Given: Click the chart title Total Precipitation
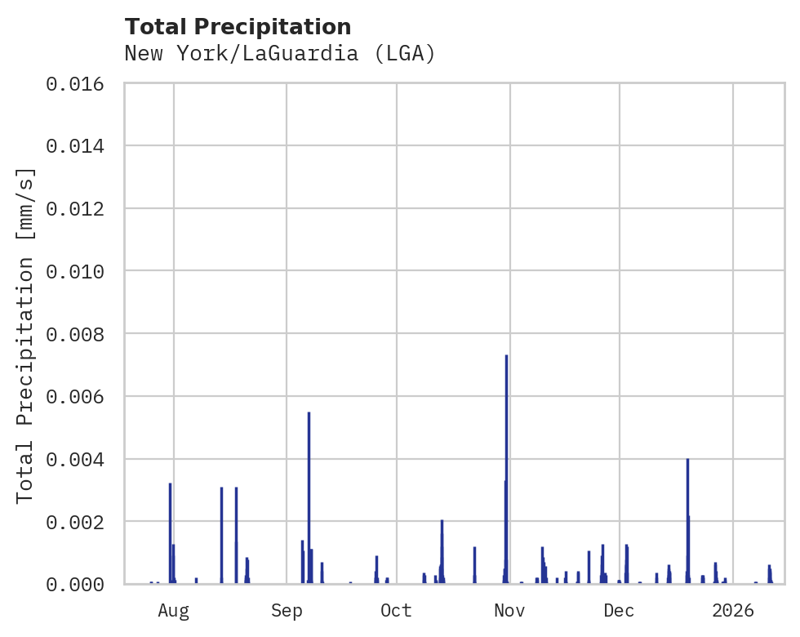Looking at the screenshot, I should point(238,27).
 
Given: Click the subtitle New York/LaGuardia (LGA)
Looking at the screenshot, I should point(280,54).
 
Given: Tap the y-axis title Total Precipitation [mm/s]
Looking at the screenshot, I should point(26,334).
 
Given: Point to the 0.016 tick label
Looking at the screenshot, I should point(75,83).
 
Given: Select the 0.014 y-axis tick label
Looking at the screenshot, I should point(75,146).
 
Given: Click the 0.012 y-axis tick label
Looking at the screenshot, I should point(75,208).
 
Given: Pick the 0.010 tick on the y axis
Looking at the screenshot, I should point(75,271).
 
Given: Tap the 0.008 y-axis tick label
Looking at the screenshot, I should point(75,334).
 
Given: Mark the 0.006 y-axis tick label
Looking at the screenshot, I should point(75,396).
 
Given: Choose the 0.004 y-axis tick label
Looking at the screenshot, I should point(75,459).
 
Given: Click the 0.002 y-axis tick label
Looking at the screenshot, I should point(75,521).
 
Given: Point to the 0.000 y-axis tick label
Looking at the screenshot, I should point(75,584).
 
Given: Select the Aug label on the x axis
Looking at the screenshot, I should point(174,610).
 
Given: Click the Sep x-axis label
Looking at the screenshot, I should point(287,610).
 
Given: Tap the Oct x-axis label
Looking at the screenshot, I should point(397,610).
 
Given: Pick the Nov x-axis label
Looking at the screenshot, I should point(509,610).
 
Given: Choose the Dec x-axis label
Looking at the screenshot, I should point(620,610).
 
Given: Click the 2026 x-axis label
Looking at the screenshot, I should point(732,610).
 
